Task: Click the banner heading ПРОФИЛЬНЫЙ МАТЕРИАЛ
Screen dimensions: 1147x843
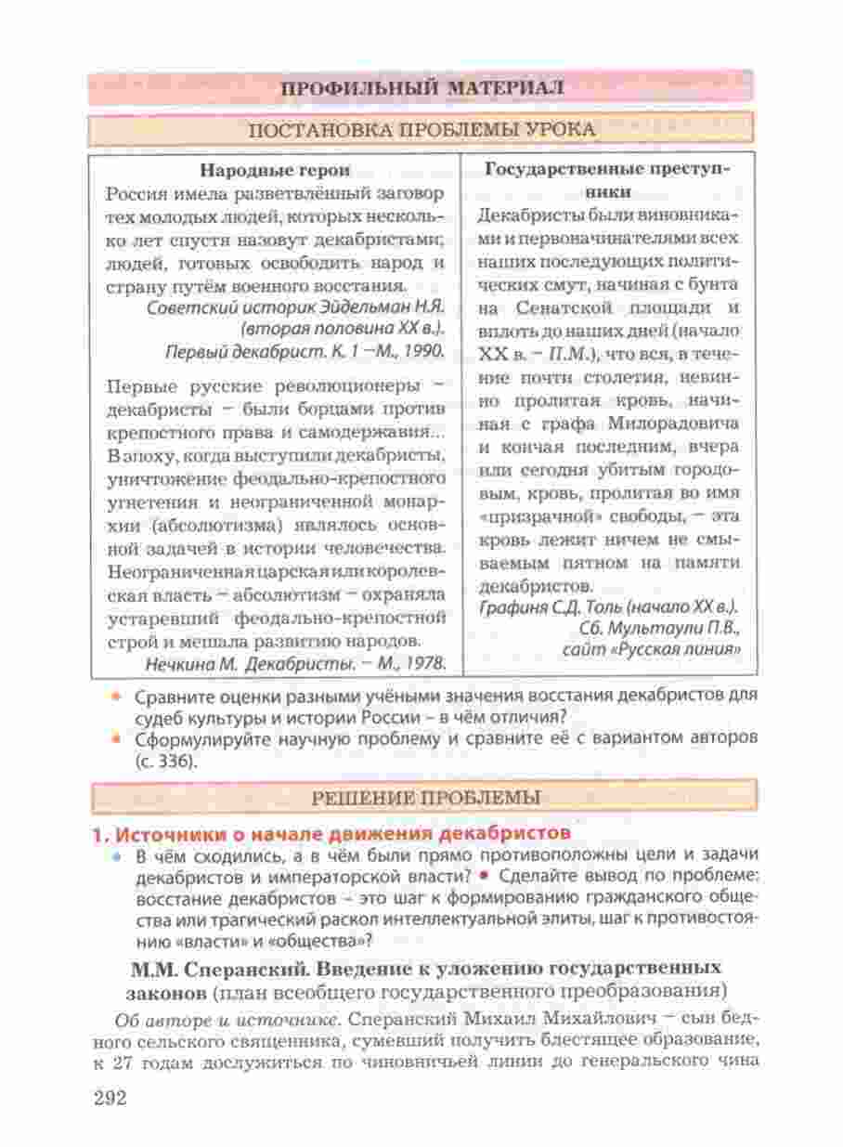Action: (421, 88)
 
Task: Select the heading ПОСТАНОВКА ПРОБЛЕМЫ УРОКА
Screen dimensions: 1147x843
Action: (422, 129)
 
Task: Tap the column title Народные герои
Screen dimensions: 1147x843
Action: (276, 170)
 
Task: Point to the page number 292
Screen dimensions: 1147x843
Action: (110, 1097)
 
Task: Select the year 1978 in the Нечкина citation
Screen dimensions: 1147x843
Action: (421, 662)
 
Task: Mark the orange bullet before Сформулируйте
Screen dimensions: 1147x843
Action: (116, 739)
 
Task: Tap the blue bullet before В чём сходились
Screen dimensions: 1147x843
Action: (116, 854)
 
